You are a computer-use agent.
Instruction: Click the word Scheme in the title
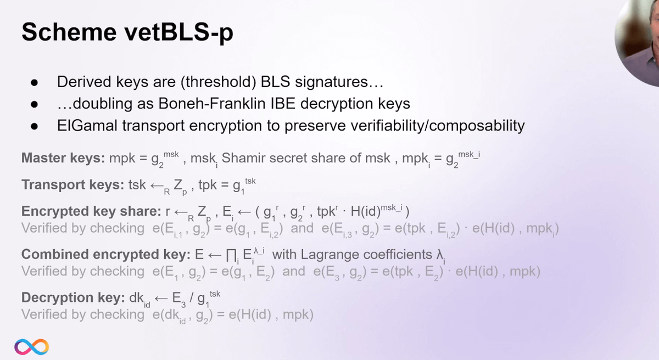click(69, 32)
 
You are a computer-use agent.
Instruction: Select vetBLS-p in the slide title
click(179, 33)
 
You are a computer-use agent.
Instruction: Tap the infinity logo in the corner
click(31, 347)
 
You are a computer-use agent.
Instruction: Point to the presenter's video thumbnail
click(637, 41)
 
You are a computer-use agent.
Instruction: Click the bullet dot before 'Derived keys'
click(34, 83)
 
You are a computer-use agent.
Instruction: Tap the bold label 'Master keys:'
click(63, 159)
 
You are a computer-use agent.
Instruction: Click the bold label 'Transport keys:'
click(73, 185)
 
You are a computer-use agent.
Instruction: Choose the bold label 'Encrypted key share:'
click(91, 212)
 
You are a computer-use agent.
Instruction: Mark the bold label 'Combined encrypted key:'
click(106, 255)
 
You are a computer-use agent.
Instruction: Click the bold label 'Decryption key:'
click(73, 298)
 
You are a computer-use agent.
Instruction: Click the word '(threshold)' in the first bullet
click(219, 82)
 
